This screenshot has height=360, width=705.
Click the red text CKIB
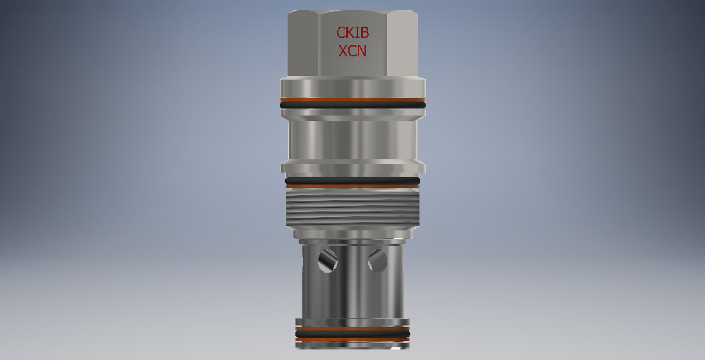coord(352,33)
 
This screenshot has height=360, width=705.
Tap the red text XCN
coord(352,51)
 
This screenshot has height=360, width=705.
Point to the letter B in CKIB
coord(364,33)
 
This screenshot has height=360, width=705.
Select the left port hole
coord(328,261)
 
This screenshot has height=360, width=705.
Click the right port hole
coord(377,261)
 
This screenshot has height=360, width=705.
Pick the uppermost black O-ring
coord(352,105)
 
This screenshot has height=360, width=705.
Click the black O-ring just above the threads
coord(352,180)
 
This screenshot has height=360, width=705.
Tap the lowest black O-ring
coord(352,334)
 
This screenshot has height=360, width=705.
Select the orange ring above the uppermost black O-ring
coord(352,100)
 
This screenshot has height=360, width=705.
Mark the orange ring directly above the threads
coord(352,186)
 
